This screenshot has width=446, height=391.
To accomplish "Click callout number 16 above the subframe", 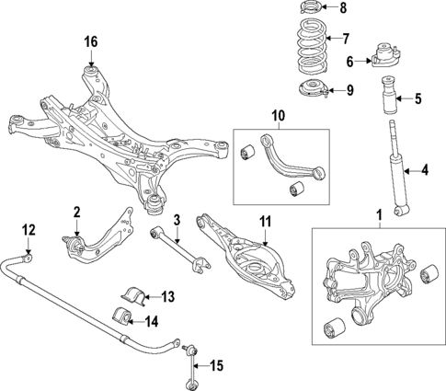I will click(90, 41).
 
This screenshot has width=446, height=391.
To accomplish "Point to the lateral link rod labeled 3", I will click(175, 248).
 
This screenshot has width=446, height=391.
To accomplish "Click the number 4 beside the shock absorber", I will click(425, 169).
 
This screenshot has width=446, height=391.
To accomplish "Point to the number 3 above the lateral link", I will click(176, 220).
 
